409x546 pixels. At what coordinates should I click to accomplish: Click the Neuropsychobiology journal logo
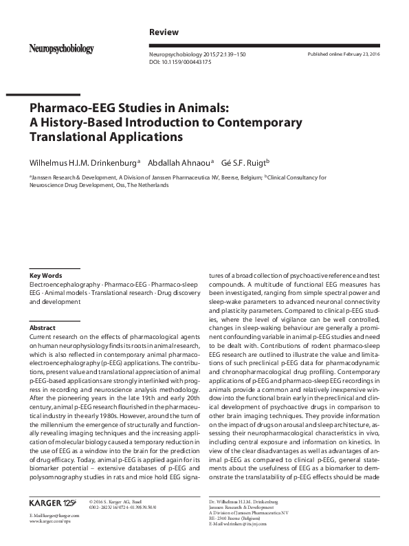61,49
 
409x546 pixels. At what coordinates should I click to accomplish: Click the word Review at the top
164,32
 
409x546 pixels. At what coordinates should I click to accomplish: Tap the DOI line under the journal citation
180,62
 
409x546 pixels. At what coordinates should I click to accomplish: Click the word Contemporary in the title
263,122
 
